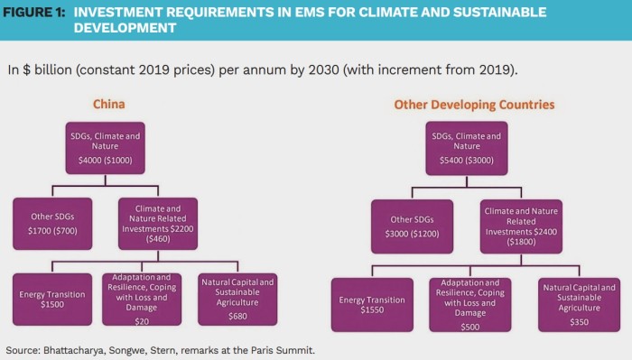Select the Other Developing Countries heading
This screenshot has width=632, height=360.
(x=474, y=105)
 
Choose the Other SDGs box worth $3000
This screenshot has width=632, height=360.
(x=411, y=226)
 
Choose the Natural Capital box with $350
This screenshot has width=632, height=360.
(x=578, y=304)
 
